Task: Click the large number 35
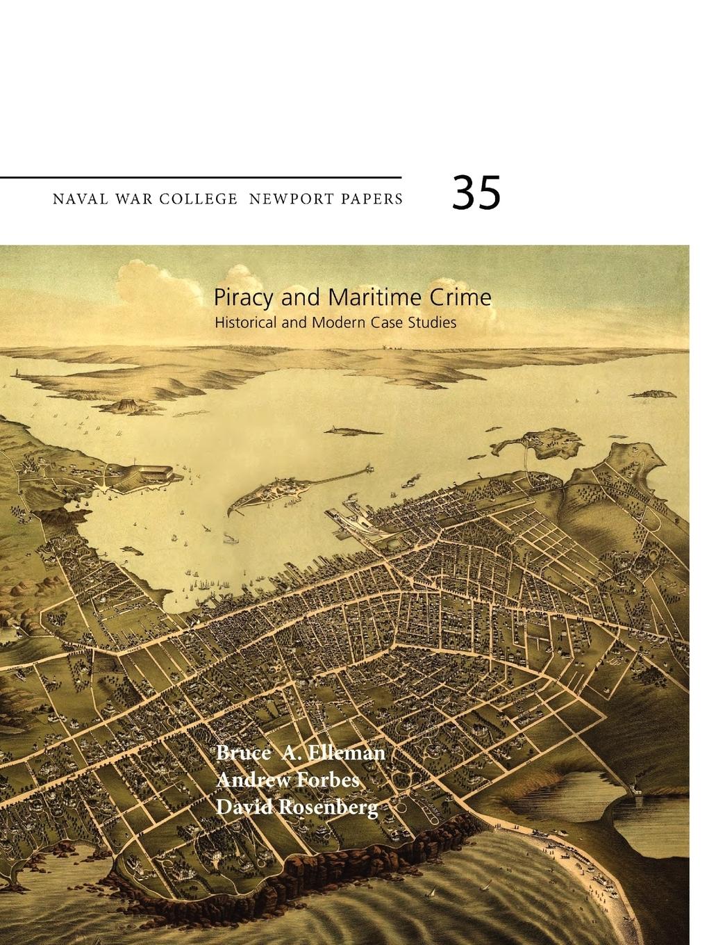476,192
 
